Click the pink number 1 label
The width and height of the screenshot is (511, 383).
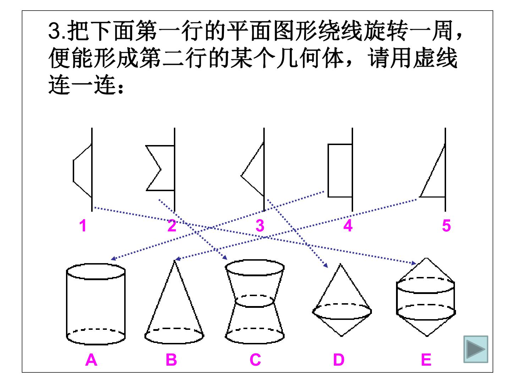tap(83, 226)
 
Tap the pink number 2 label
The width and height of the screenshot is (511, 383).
tap(172, 226)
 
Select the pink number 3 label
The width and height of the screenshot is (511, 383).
tap(260, 226)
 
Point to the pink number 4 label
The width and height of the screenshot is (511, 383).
tap(348, 226)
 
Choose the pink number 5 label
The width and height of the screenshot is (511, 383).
tap(446, 226)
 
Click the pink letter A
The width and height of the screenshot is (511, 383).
tap(91, 360)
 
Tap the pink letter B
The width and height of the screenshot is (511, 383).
tap(171, 360)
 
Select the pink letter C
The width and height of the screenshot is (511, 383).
tap(255, 360)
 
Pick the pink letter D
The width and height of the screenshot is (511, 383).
tap(339, 360)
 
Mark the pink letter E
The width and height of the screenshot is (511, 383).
tap(426, 360)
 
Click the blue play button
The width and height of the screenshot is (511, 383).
tap(476, 349)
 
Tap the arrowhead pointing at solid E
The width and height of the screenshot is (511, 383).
tap(414, 263)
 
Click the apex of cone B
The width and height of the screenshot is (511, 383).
tap(175, 261)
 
